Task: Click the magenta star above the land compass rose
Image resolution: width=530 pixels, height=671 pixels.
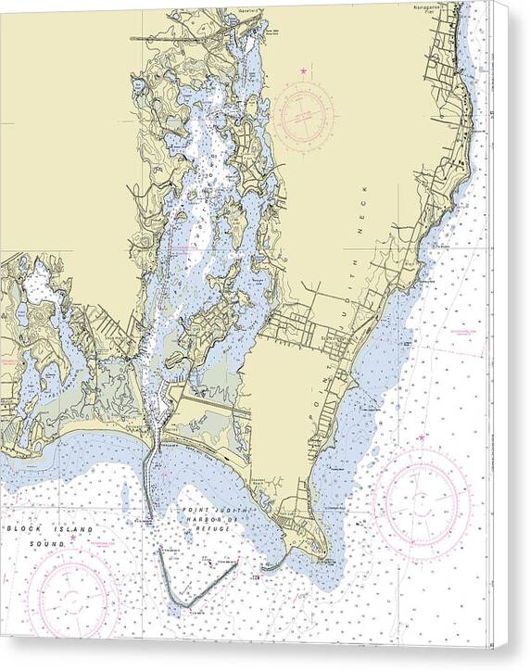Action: (302, 70)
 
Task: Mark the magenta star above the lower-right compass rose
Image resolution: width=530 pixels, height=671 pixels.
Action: (422, 437)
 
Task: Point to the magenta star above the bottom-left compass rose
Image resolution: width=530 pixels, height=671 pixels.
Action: (73, 536)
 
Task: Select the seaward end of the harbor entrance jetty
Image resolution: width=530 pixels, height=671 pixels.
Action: (149, 517)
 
